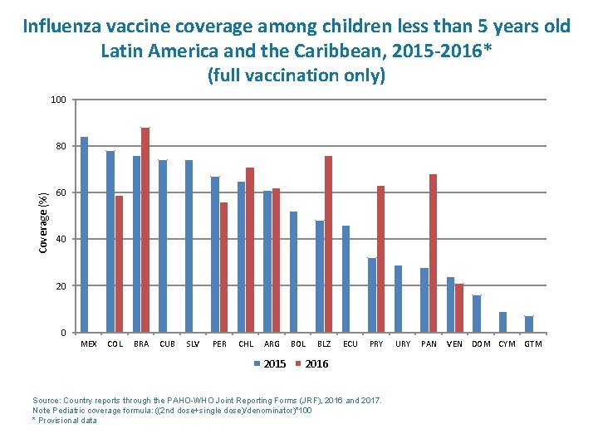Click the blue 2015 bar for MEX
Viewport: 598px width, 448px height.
[84, 234]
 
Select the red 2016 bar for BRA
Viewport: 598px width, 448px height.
[145, 230]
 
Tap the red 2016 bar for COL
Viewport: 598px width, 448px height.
[119, 264]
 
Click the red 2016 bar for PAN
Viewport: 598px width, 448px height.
[434, 253]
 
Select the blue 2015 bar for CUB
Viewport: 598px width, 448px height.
[163, 246]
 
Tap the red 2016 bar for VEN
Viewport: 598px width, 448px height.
[459, 308]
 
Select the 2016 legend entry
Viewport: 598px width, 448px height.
[311, 364]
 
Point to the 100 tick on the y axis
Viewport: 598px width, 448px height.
[58, 100]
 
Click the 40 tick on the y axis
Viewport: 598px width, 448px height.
[61, 240]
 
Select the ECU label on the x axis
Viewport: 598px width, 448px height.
[350, 344]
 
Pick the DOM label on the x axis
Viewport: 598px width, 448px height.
[481, 344]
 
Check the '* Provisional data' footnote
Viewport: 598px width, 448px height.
[64, 421]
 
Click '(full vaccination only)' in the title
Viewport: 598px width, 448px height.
[297, 75]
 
